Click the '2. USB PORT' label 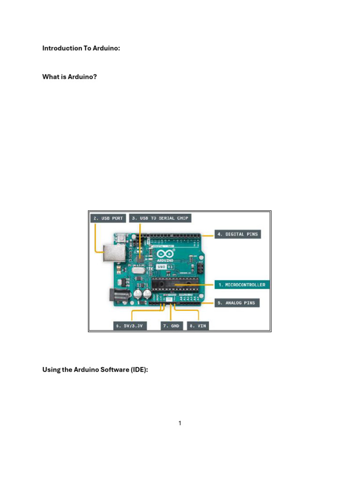pyautogui.click(x=108, y=218)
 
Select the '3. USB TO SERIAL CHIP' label pyautogui.click(x=160, y=218)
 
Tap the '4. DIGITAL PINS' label pyautogui.click(x=237, y=234)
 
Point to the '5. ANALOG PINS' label pyautogui.click(x=237, y=303)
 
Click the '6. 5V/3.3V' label pyautogui.click(x=130, y=325)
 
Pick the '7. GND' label pyautogui.click(x=172, y=325)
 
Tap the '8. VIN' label pyautogui.click(x=198, y=325)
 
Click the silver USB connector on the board pyautogui.click(x=113, y=253)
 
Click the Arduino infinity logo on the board pyautogui.click(x=167, y=253)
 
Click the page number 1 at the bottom pyautogui.click(x=180, y=423)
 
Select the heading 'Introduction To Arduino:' pyautogui.click(x=81, y=48)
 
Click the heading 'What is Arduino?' pyautogui.click(x=70, y=76)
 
